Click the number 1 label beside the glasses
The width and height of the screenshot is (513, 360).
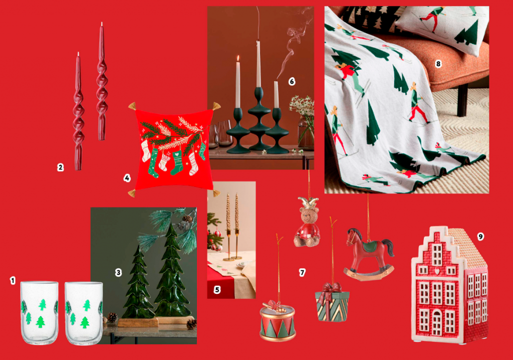(13, 280)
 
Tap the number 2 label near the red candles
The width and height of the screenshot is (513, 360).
(60, 167)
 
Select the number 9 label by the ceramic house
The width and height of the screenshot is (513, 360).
(480, 236)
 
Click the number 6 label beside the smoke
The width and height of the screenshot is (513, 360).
(292, 81)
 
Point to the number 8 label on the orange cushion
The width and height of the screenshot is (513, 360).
(438, 64)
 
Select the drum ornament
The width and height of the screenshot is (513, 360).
(278, 320)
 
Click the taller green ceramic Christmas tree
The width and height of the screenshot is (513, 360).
(172, 271)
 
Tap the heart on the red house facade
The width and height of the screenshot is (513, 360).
(437, 271)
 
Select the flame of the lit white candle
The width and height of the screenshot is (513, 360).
(238, 59)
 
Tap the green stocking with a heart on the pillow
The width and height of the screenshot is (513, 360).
(176, 162)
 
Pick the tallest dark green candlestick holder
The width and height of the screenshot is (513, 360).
(259, 119)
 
